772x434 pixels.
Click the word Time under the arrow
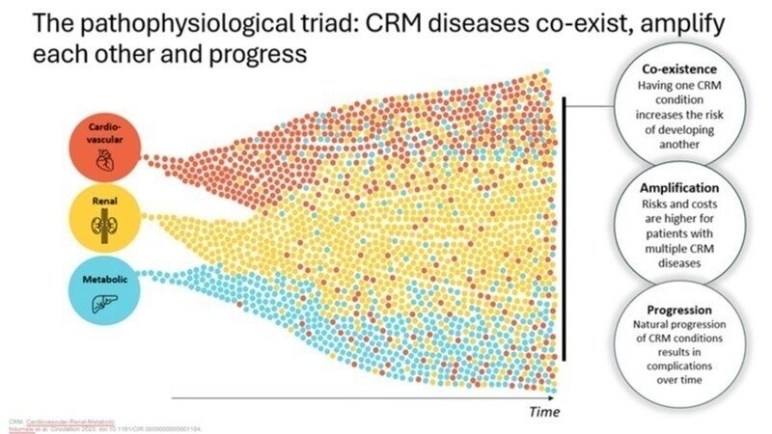(544, 412)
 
